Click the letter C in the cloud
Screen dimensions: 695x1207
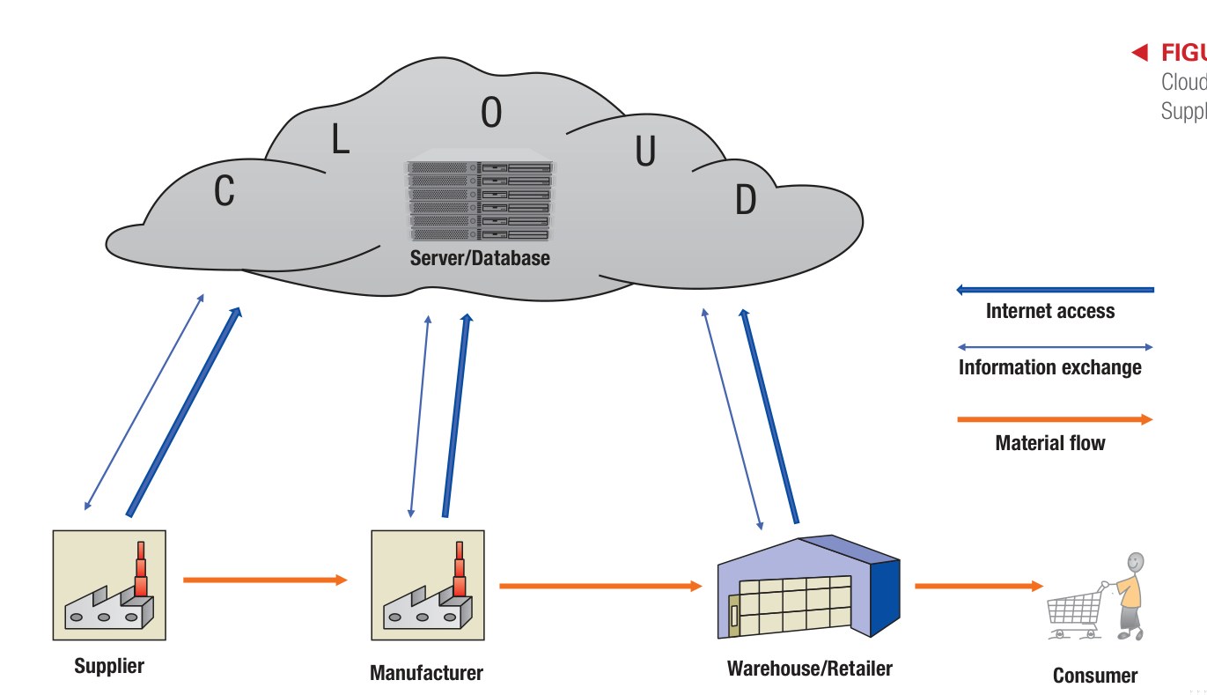224,190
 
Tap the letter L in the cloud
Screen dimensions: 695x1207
341,139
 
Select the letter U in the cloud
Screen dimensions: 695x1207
645,152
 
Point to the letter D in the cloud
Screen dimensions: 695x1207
745,201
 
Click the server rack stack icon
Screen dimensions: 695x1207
480,200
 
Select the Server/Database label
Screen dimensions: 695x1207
480,258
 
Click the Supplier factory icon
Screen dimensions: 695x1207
109,585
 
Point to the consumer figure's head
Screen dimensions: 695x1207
1136,561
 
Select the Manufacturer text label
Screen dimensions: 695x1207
426,674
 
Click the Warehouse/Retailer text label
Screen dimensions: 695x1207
809,669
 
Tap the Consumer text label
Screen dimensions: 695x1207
1094,676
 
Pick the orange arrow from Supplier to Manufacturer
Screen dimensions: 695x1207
265,580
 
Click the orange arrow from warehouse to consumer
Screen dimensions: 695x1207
978,585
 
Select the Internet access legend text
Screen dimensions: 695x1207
1049,311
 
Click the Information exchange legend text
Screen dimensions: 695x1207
1049,367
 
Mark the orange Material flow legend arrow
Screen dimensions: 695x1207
1054,420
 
